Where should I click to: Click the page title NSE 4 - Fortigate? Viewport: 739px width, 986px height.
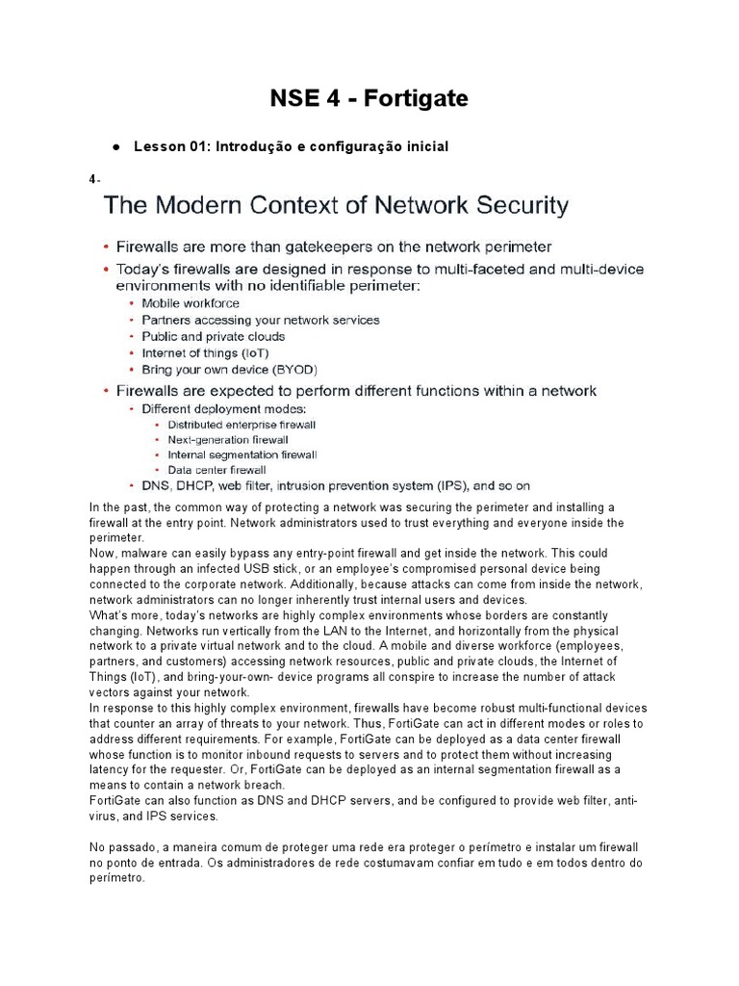[x=369, y=97]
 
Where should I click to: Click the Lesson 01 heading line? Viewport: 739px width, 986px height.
[x=291, y=146]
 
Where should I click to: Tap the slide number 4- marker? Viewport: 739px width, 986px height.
[x=94, y=179]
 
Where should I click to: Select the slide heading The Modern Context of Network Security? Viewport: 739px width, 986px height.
[x=336, y=205]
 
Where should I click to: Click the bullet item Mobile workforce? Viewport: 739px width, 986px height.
[x=191, y=303]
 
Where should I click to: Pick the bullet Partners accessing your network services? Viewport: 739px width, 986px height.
[x=260, y=320]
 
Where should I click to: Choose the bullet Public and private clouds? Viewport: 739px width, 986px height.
[x=213, y=336]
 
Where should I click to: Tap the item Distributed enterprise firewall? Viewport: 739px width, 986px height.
[x=242, y=425]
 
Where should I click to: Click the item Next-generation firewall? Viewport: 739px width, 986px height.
[x=228, y=439]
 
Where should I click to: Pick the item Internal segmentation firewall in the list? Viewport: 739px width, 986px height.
[x=242, y=454]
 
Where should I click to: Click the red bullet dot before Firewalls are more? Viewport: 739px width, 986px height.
[x=106, y=247]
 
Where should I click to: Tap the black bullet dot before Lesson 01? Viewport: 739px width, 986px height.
[x=115, y=147]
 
